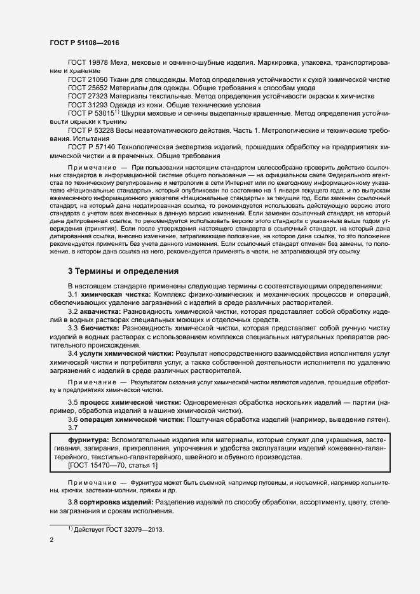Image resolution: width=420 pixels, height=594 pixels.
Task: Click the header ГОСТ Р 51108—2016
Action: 85,43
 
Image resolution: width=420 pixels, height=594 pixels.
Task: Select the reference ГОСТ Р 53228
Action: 91,130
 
